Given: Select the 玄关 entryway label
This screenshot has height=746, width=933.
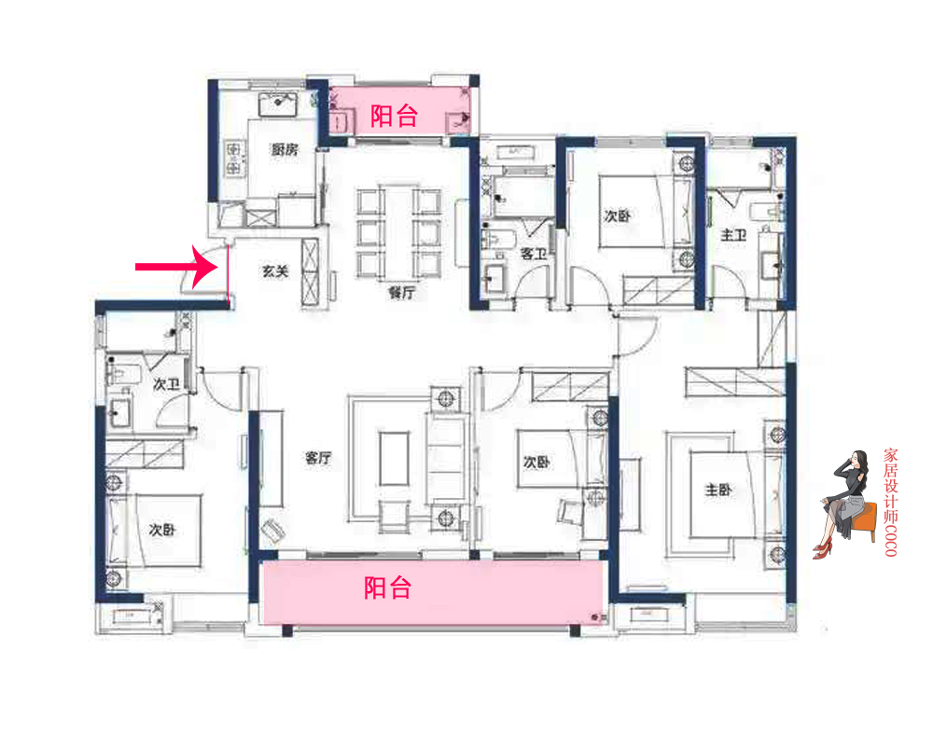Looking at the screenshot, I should tap(274, 272).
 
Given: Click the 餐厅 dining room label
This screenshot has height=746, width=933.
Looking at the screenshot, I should tap(401, 292).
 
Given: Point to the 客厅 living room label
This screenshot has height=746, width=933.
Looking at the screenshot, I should tap(319, 458).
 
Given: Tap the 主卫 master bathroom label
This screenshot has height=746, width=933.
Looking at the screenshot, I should tap(733, 236).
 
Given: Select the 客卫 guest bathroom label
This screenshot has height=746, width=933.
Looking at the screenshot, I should tap(533, 254).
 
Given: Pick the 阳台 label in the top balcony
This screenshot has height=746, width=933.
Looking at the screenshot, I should tap(394, 116).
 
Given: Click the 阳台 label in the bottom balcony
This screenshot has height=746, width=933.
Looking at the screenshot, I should tap(387, 587).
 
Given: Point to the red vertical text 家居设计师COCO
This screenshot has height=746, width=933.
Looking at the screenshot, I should tap(890, 503).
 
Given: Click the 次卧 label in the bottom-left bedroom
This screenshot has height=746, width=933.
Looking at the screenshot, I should tap(162, 530).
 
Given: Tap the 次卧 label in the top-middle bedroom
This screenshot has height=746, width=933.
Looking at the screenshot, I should tap(617, 216).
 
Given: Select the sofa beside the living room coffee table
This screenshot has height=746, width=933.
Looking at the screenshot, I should tap(447, 459).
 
